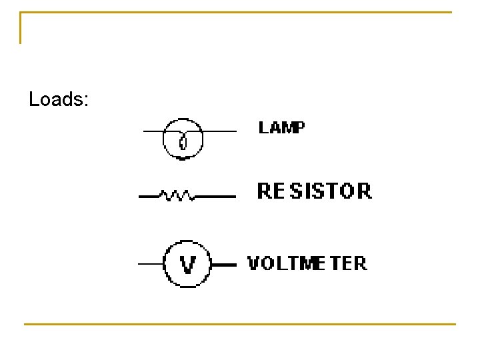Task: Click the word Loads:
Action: (x=59, y=100)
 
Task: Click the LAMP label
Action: (x=281, y=127)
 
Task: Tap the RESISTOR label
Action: (x=314, y=191)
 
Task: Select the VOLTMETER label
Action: (x=307, y=263)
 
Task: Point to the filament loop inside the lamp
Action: (x=183, y=141)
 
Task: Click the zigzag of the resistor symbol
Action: (x=177, y=196)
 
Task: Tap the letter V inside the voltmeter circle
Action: (x=188, y=265)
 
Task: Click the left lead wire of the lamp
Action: (x=154, y=131)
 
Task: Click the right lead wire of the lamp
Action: (x=219, y=131)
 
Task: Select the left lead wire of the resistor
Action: (x=148, y=197)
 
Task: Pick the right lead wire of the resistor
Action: (x=215, y=197)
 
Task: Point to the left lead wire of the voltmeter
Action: (x=151, y=265)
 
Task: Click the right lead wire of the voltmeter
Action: (x=224, y=265)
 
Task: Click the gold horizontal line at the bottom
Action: (x=240, y=325)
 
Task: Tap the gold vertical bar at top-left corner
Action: (x=21, y=28)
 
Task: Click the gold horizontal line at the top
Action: (x=237, y=12)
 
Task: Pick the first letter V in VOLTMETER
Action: (x=254, y=263)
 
